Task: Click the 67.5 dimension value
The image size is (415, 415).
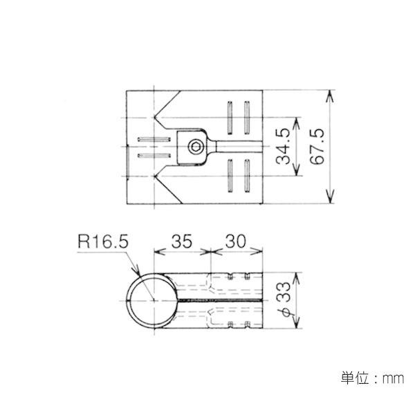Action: [317, 147]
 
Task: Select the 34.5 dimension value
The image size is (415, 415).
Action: [283, 147]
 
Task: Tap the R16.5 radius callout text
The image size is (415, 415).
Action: [103, 241]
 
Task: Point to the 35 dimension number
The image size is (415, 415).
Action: [181, 241]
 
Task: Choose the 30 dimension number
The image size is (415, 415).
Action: [236, 241]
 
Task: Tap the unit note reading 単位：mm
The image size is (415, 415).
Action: [372, 378]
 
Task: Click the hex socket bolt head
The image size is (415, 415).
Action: [196, 147]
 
